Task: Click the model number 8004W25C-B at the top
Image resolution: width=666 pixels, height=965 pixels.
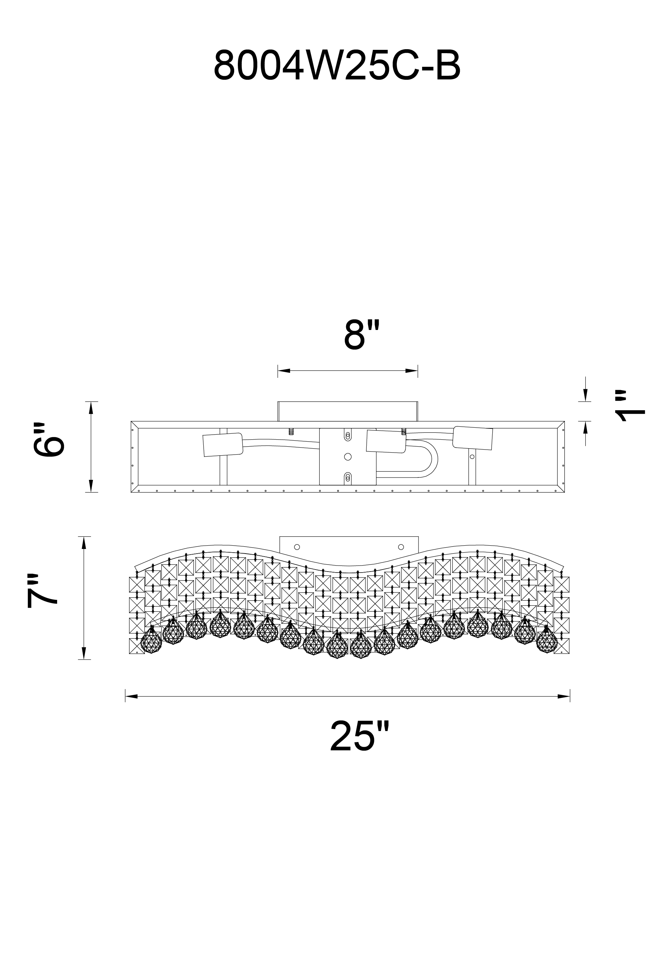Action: pos(337,66)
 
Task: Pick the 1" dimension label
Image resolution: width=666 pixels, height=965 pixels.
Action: pos(630,406)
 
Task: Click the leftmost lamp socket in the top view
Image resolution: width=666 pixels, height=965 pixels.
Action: pos(223,445)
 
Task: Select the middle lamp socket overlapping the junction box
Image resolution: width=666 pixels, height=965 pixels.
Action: pos(386,442)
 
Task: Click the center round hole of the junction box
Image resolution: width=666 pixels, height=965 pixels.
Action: pos(347,457)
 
